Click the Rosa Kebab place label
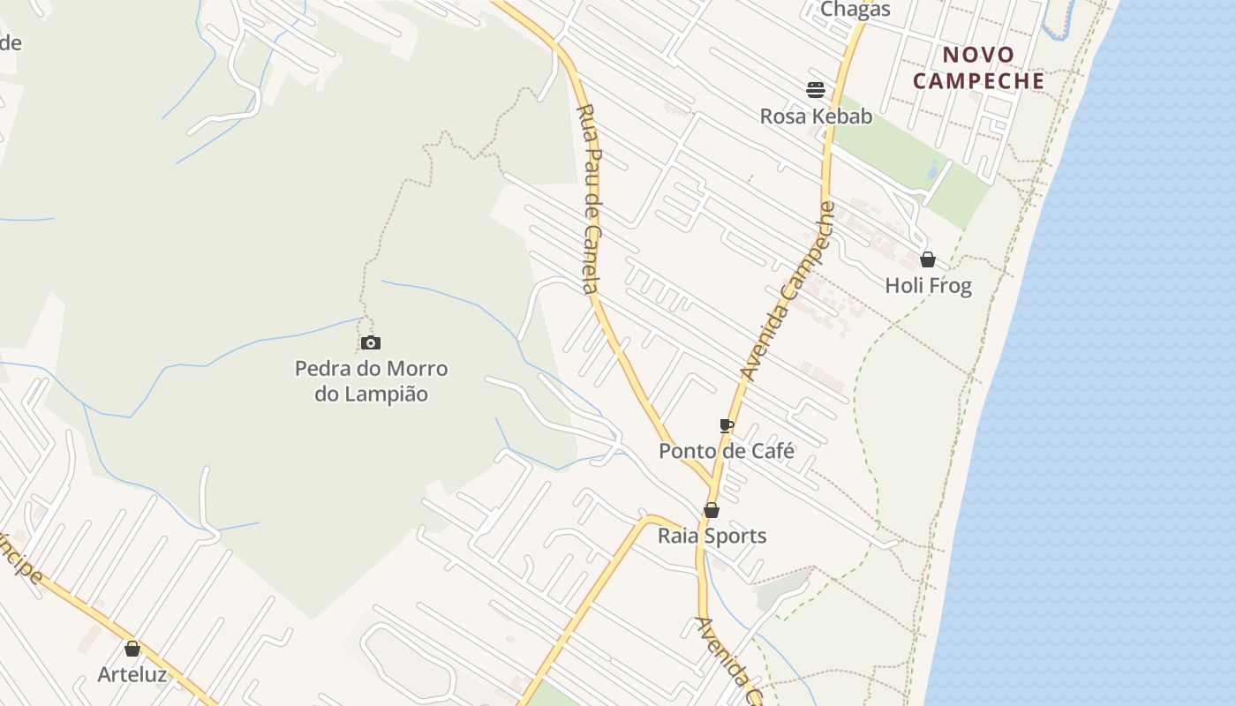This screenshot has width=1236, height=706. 816,116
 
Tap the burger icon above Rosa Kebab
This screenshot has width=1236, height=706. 816,89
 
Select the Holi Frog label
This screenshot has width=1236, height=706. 928,286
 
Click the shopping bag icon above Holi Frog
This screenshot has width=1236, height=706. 928,259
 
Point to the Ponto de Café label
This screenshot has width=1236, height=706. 727,451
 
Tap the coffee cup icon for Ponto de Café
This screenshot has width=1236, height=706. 727,426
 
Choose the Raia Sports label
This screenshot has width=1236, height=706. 712,536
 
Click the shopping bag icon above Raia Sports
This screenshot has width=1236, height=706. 712,510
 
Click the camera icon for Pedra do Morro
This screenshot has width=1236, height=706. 371,343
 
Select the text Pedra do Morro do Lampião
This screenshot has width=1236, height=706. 371,381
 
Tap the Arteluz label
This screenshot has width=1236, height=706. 132,674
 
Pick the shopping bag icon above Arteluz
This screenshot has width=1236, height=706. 132,650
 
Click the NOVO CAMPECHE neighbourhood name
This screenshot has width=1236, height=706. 978,68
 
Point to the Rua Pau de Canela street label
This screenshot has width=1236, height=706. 590,199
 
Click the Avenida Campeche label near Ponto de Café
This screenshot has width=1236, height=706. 788,292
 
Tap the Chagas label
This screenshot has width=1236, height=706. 855,10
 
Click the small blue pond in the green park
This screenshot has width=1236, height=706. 933,169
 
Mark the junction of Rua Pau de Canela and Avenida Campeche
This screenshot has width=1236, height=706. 713,484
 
